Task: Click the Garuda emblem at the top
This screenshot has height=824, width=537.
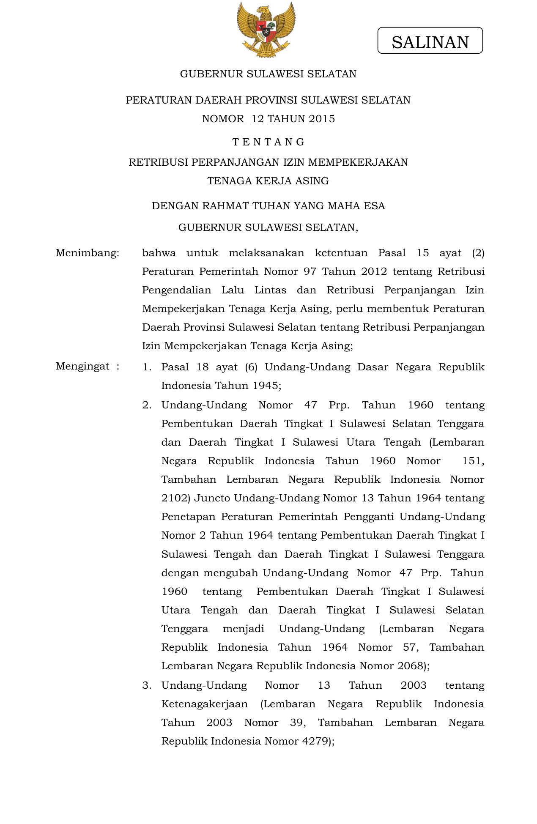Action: coord(266,30)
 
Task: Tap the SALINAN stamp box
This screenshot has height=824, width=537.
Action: coord(430,41)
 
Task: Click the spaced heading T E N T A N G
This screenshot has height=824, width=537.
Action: coord(268,142)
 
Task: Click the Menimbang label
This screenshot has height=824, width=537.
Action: coord(88,253)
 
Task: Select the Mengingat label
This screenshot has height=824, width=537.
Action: coord(83,367)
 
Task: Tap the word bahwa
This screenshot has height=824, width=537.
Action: coord(159,253)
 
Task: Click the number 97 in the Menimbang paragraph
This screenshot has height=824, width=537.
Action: coord(310,271)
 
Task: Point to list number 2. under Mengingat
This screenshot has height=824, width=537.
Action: coord(147,405)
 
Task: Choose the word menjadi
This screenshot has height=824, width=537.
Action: coord(243,629)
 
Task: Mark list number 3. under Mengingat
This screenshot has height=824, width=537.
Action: coord(147,685)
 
